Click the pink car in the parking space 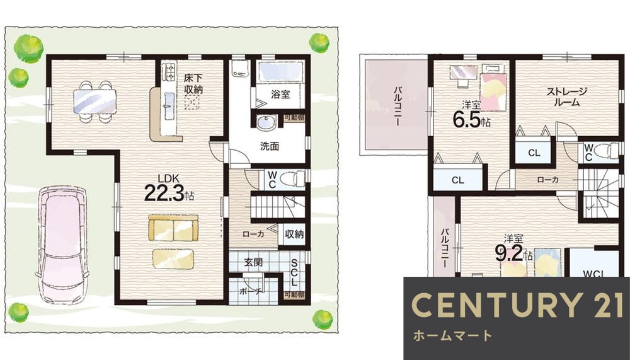click(x=61, y=243)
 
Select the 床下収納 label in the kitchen click(x=193, y=84)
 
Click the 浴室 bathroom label click(x=280, y=95)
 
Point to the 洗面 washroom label click(x=270, y=146)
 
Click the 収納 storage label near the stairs click(x=294, y=235)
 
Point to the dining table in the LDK click(x=94, y=101)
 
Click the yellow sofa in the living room click(x=173, y=228)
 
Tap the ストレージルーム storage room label click(x=566, y=96)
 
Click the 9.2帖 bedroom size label click(x=516, y=252)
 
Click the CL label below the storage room click(x=534, y=153)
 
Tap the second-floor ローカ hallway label click(x=547, y=180)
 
